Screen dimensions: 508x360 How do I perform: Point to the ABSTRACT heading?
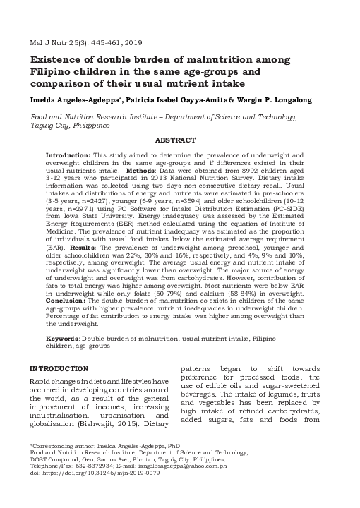coord(179,140)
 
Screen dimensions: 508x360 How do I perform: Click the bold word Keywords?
coord(64,339)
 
